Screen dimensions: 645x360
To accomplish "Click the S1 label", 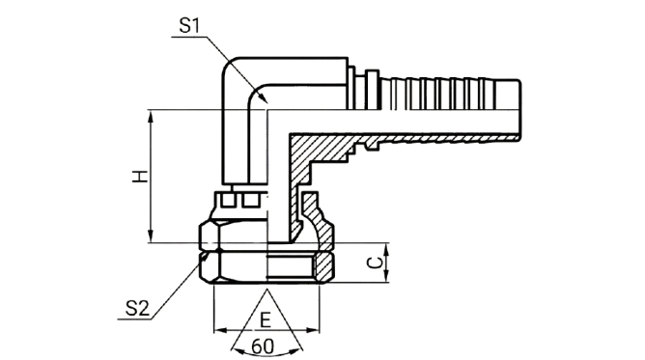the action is pyautogui.click(x=189, y=26).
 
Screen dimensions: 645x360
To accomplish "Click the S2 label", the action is pyautogui.click(x=137, y=308).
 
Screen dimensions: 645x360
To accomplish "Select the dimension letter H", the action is pyautogui.click(x=140, y=177).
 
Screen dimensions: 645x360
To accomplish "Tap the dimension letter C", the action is pyautogui.click(x=374, y=263).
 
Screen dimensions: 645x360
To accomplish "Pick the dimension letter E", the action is pyautogui.click(x=266, y=320).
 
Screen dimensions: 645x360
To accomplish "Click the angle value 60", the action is pyautogui.click(x=262, y=346).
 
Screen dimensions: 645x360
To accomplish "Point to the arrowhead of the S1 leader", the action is pyautogui.click(x=263, y=97).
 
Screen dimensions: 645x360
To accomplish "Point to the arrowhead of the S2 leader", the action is pyautogui.click(x=203, y=260).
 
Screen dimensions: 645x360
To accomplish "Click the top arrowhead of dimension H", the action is pyautogui.click(x=152, y=117).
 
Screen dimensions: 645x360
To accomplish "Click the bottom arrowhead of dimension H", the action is pyautogui.click(x=152, y=236).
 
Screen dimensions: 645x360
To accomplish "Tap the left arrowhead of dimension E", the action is pyautogui.click(x=220, y=330).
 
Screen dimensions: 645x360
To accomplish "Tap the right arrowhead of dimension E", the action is pyautogui.click(x=313, y=330).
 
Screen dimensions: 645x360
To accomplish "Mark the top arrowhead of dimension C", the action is pyautogui.click(x=386, y=249).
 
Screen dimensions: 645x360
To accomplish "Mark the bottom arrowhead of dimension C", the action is pyautogui.click(x=386, y=277).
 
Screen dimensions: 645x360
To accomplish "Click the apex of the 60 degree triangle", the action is pyautogui.click(x=266, y=290).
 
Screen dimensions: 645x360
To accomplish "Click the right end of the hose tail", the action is pyautogui.click(x=519, y=110).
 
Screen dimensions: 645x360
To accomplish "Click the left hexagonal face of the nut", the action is pyautogui.click(x=210, y=252).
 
